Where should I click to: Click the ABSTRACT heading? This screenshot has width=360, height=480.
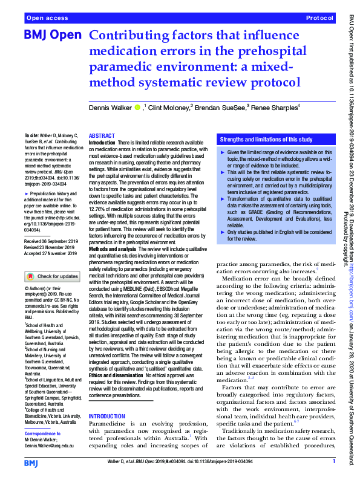click(102, 137)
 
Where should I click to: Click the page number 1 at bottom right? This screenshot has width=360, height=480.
click(334, 462)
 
